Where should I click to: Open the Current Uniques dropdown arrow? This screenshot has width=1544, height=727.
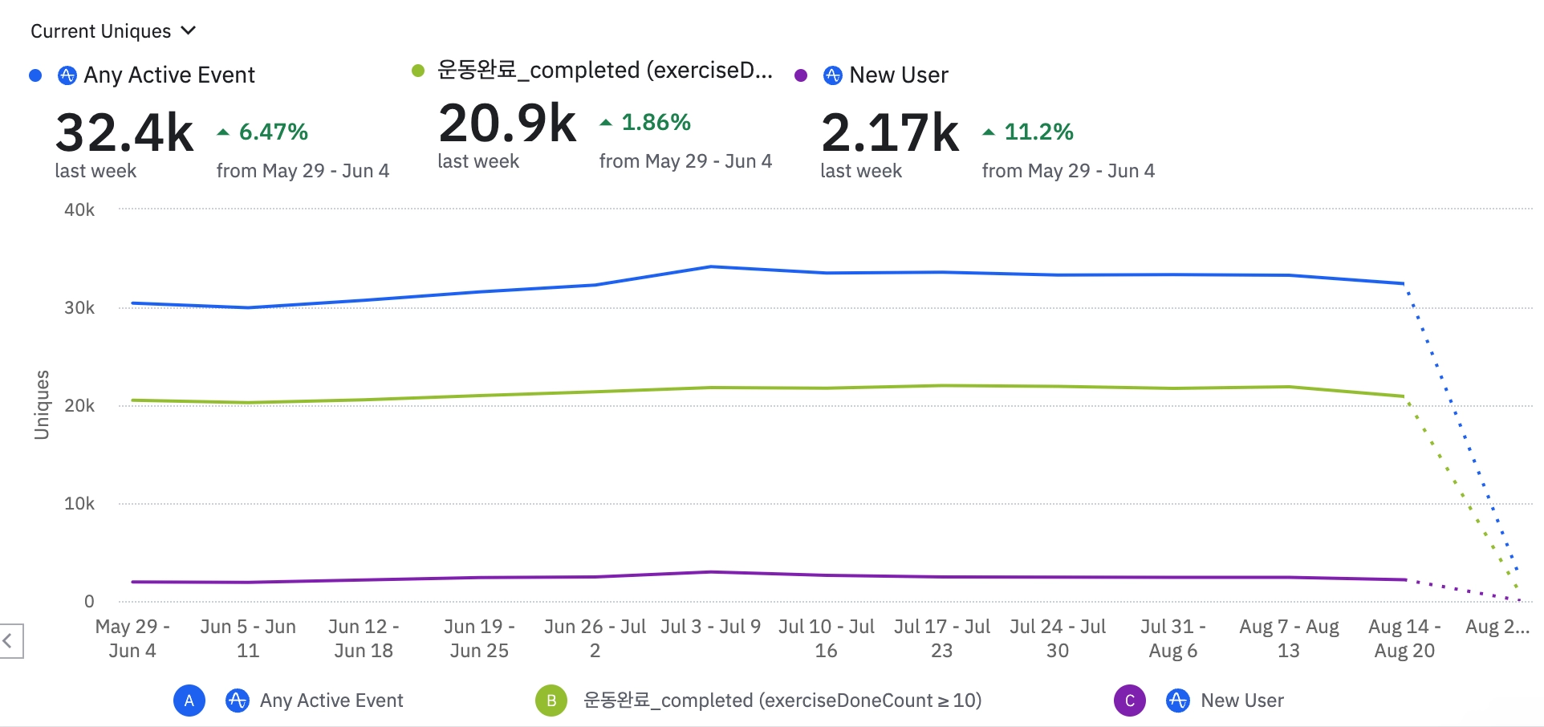(x=189, y=30)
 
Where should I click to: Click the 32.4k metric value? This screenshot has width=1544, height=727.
(x=124, y=132)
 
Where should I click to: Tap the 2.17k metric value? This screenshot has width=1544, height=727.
(x=890, y=132)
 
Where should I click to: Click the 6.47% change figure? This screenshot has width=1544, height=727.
(x=273, y=132)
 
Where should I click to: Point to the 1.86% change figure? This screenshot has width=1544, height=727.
(x=656, y=122)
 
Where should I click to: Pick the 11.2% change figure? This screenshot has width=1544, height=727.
(x=1038, y=132)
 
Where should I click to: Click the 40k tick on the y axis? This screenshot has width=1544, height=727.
(x=79, y=209)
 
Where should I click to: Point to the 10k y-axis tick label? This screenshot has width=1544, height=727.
(x=79, y=503)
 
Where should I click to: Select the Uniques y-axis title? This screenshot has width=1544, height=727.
(x=42, y=404)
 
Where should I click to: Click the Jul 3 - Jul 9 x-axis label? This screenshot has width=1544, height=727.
(x=710, y=627)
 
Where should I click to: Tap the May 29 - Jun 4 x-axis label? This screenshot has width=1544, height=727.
(x=132, y=639)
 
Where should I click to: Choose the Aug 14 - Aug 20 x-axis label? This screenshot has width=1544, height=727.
(x=1404, y=639)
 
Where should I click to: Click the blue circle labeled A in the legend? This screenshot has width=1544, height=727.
(x=189, y=701)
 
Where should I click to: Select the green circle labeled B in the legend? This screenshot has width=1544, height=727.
(x=551, y=701)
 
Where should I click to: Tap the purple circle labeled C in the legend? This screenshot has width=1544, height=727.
(x=1130, y=701)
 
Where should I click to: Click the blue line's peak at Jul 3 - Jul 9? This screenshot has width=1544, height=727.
(x=710, y=266)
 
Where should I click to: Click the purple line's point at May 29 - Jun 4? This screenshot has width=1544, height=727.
(x=132, y=582)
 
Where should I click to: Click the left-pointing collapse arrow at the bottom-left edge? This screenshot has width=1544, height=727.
(x=8, y=640)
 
